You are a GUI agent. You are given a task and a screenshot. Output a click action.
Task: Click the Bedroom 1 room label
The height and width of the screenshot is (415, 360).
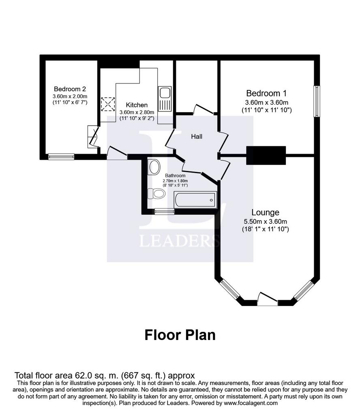pos(266,93)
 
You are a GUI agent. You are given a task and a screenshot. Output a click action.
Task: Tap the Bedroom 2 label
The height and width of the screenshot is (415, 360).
pos(70,89)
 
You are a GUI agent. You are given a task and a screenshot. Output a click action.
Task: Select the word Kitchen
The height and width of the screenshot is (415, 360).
pos(137,105)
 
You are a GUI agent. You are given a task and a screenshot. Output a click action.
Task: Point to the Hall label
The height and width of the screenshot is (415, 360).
pos(197,137)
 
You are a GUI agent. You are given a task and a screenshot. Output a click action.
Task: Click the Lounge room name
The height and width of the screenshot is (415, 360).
pos(265,212)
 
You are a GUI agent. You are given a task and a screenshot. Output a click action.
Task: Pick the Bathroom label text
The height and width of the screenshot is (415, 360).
pos(175,175)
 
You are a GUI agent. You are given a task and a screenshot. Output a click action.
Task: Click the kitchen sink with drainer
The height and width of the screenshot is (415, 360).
pos(165,99)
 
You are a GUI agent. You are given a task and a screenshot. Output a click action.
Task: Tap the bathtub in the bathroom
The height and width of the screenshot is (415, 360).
pos(195,200)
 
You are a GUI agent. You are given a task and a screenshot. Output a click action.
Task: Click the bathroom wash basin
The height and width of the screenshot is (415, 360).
pos(154,167)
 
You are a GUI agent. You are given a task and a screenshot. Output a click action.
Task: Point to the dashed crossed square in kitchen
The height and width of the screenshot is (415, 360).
pos(108,104)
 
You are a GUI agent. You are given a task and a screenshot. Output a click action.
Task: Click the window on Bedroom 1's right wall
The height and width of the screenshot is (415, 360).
pos(317,101)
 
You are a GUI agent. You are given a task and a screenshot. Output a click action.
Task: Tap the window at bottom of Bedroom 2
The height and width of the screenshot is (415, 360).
pos(61,157)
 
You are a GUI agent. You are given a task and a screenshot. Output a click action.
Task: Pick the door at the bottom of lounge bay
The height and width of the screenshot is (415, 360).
pos(267,299)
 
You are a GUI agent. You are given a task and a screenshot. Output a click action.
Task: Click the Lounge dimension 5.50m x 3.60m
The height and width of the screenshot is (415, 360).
pos(265,222)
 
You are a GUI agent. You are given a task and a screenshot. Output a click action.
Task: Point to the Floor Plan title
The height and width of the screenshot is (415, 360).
pos(180,335)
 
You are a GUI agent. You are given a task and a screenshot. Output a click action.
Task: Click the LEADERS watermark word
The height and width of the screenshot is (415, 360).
pos(180,241)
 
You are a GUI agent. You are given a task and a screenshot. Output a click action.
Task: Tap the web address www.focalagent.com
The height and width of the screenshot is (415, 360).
pos(251,403)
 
